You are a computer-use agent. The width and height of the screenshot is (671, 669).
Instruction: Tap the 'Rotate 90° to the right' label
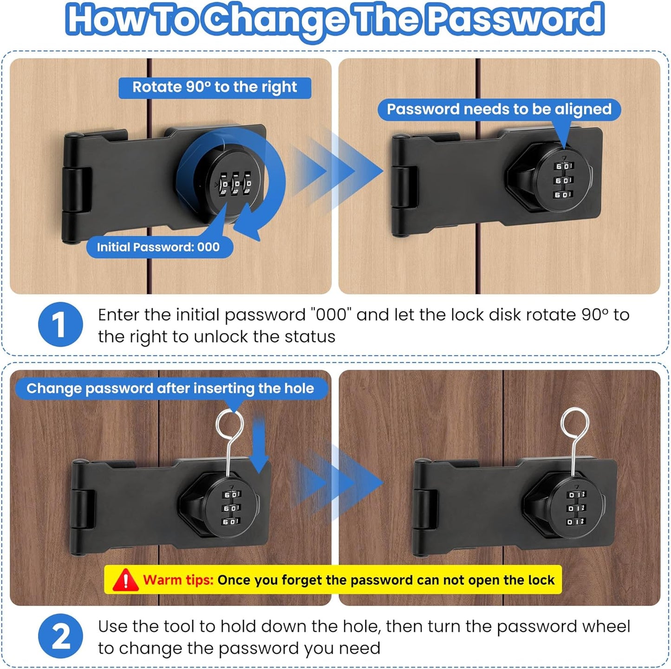[x=215, y=87]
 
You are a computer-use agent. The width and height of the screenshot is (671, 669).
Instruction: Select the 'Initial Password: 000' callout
[x=158, y=247]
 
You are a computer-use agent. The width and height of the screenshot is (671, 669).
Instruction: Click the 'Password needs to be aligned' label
[x=499, y=109]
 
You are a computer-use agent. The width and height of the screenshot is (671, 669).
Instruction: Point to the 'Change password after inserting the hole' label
[x=170, y=388]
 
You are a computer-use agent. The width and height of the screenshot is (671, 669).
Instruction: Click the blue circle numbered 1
[x=60, y=325]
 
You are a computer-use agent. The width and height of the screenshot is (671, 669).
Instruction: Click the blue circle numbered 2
[x=60, y=636]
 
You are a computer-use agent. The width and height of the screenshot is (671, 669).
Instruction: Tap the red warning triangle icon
[x=125, y=580]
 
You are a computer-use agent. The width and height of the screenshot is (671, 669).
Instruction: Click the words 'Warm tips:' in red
[x=178, y=580]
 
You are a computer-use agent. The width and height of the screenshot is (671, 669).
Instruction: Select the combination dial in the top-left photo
[x=236, y=185]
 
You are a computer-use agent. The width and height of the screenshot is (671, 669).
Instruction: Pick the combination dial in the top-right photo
[x=564, y=180]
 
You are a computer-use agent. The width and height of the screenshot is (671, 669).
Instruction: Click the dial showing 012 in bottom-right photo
[x=576, y=508]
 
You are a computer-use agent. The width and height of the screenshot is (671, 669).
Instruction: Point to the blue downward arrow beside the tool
[x=259, y=446]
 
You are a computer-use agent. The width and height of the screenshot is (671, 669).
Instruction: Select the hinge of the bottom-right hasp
[x=425, y=509]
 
